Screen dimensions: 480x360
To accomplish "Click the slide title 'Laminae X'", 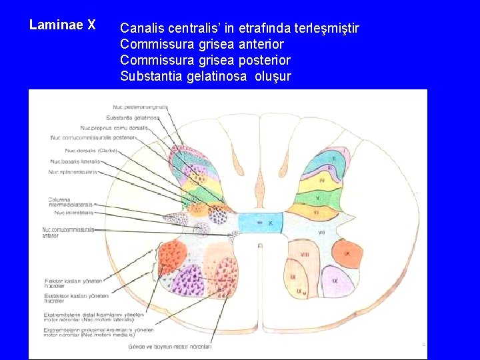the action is click(63, 25).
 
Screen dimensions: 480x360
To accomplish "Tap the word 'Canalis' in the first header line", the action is click(143, 29).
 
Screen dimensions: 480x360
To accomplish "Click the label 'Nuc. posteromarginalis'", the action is click(140, 107).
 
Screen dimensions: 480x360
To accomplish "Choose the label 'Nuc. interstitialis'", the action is click(74, 213).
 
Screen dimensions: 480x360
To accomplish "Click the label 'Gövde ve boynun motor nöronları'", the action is click(179, 347).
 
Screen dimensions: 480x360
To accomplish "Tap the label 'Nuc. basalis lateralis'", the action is click(75, 161).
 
